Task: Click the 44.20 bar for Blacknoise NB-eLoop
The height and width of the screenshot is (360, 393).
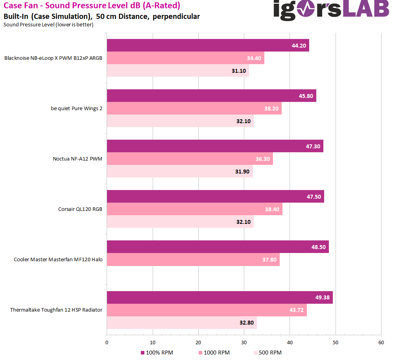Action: coord(208,45)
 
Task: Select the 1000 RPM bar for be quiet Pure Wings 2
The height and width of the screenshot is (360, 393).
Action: coord(194,108)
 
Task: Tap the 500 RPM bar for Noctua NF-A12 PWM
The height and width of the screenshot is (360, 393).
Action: coord(180,171)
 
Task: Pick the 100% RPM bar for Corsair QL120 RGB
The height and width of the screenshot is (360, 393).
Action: coord(215,196)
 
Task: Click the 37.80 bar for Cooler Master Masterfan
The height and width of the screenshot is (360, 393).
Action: coord(193,259)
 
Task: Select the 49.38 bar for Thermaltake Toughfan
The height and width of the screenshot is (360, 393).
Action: coord(220,297)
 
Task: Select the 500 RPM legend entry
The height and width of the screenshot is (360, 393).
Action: coord(268,353)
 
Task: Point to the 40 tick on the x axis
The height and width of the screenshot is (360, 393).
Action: coord(290,343)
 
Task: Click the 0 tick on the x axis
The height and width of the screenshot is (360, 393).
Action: coord(107,343)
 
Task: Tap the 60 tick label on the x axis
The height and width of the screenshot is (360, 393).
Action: coord(381,343)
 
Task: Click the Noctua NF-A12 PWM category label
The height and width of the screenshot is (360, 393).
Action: coord(77,159)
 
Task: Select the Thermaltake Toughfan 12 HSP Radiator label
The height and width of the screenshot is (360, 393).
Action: coord(56,310)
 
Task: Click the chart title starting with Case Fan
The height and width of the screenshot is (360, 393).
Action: coord(92,6)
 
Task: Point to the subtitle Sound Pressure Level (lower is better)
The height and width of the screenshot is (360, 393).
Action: coord(48,25)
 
